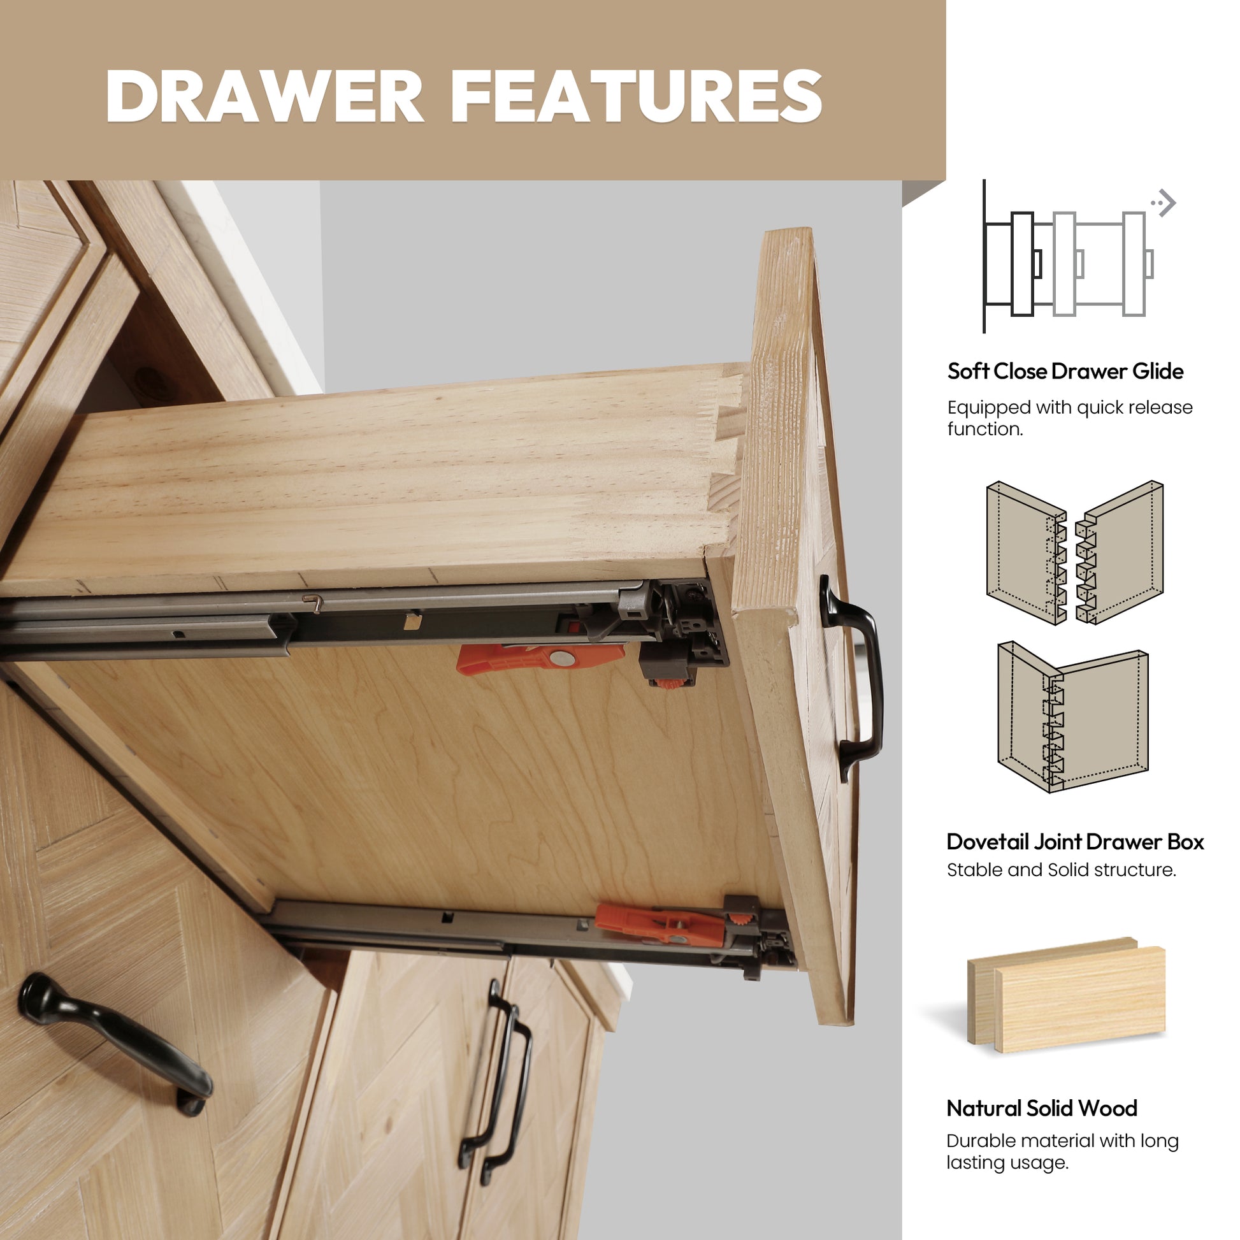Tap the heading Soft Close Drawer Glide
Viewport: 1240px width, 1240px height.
pos(1065,371)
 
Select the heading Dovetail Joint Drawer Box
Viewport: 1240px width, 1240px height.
pos(1075,842)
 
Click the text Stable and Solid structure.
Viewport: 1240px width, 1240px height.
pos(1062,870)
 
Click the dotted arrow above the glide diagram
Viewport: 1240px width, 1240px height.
pos(1163,203)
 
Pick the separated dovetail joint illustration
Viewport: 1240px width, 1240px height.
pos(1075,552)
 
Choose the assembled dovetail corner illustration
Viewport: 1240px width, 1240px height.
pos(1073,717)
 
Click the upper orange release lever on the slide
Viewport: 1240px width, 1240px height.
pos(540,658)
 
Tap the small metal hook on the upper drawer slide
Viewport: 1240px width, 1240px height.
pos(314,602)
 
